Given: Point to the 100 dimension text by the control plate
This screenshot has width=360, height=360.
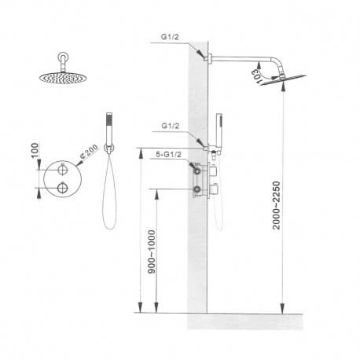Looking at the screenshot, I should point(34,150).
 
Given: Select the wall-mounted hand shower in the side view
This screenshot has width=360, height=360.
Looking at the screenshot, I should point(219,130).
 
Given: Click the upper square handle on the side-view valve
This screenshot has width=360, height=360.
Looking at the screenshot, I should point(213,169).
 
